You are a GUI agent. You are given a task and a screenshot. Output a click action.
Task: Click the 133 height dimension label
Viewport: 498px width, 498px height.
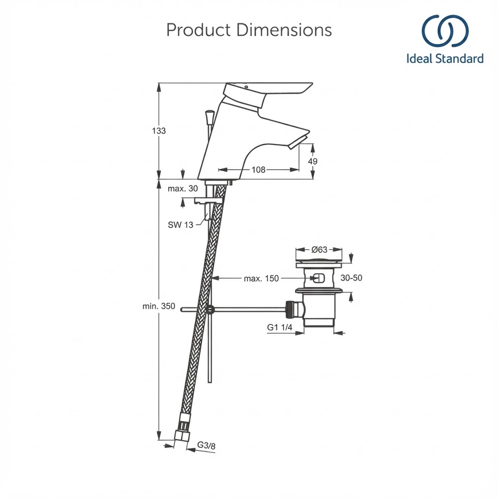coord(159,131)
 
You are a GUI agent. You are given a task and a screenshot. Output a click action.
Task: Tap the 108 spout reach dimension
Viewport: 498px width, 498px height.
coord(258,170)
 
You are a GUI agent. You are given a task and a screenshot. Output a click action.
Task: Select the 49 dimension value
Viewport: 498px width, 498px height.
coord(313,161)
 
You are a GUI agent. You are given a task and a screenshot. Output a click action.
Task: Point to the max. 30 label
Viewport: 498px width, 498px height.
coord(183,189)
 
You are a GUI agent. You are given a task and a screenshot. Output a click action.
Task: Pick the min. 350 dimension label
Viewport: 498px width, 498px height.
coord(159,306)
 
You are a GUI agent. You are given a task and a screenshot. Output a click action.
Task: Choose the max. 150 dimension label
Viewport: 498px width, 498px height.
coord(261,279)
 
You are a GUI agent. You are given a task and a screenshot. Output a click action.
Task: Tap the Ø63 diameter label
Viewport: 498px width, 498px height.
coord(319,250)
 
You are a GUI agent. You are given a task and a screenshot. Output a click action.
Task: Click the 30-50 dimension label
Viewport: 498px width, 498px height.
coord(351,278)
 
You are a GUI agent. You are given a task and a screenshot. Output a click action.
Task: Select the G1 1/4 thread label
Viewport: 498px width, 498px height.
coord(280,328)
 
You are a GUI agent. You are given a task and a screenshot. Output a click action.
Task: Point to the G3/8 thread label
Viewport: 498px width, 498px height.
coord(206,445)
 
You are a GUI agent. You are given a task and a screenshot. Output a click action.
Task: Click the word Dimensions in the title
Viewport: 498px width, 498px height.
coord(285,30)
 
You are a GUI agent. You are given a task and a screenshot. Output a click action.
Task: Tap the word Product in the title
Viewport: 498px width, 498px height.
coord(198,30)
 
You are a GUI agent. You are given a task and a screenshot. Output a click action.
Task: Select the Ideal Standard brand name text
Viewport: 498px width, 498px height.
coord(445,59)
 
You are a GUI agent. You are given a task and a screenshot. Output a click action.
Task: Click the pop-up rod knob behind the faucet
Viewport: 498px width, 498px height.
coord(210,117)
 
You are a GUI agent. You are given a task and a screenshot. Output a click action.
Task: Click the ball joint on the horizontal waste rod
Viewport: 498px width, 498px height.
coord(210,309)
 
